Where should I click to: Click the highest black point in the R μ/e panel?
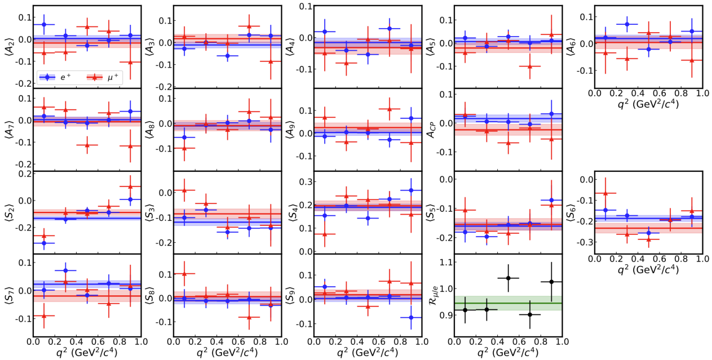(x=508, y=278)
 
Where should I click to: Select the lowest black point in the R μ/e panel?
(x=530, y=314)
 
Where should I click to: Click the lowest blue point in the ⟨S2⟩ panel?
(x=44, y=243)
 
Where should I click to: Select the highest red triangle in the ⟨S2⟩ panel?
(x=130, y=186)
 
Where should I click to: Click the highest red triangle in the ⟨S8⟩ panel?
(x=184, y=274)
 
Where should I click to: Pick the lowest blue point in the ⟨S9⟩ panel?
(x=411, y=318)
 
